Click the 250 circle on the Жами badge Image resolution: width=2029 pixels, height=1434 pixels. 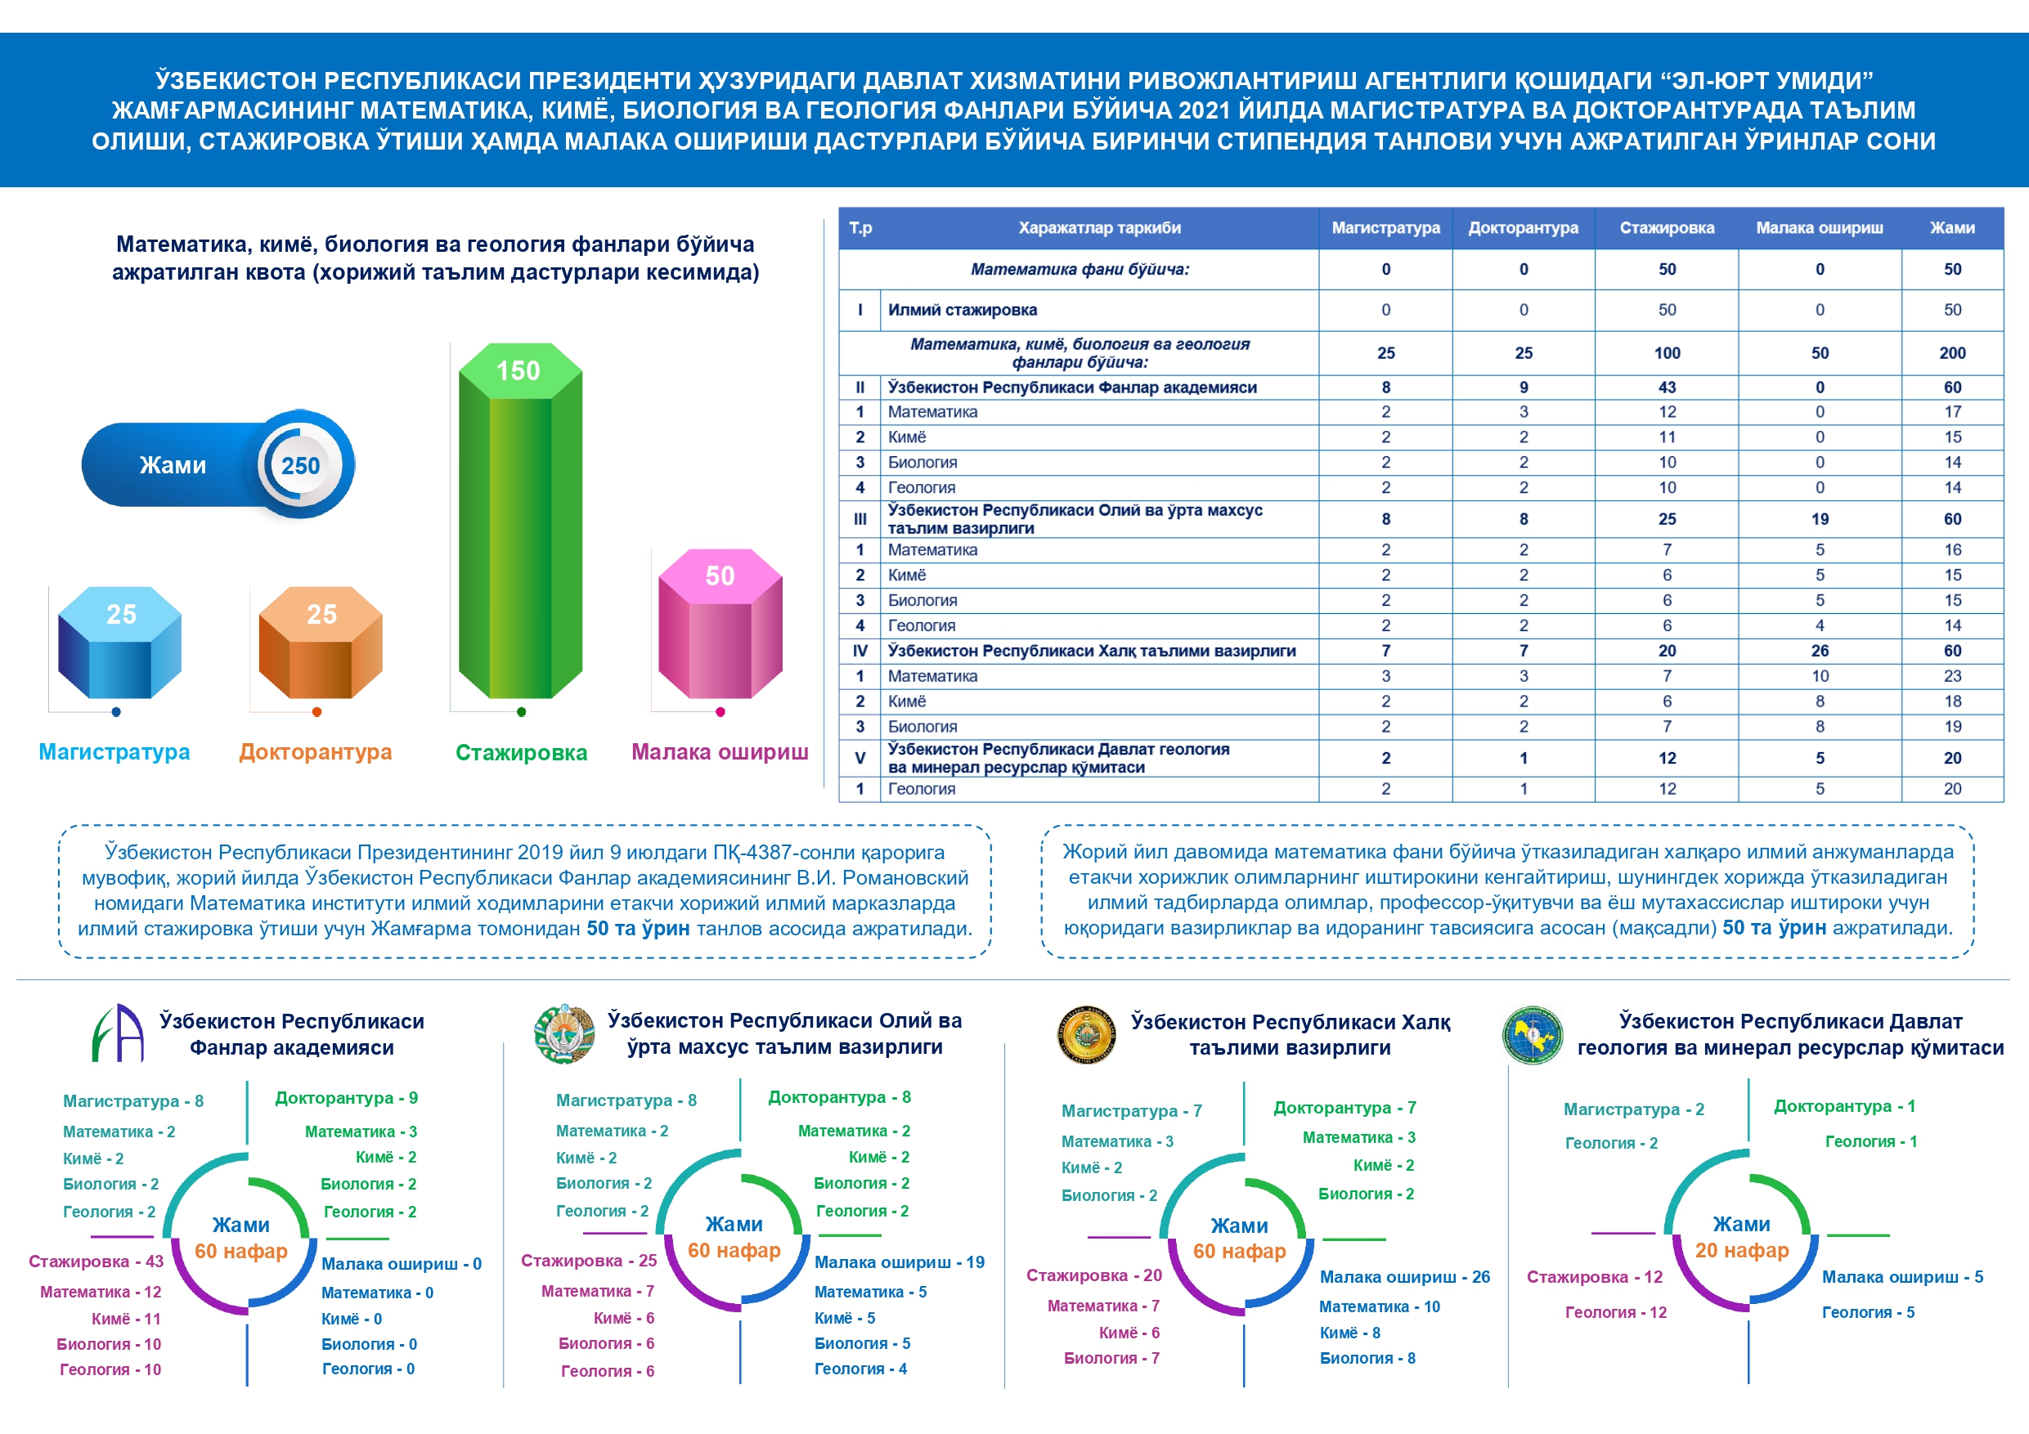point(300,466)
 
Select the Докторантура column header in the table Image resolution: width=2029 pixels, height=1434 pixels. point(1523,228)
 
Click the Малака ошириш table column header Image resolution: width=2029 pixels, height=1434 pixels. point(1819,228)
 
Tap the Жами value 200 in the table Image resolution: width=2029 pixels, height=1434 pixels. point(1952,353)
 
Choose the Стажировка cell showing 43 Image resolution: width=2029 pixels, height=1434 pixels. point(1667,388)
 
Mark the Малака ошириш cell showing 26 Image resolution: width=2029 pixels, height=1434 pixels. point(1820,651)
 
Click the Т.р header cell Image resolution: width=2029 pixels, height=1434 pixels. point(860,228)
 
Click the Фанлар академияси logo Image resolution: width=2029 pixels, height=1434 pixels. point(119,1033)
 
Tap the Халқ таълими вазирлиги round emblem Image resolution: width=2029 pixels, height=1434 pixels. point(1086,1033)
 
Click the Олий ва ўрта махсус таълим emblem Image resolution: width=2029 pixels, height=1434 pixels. point(564,1033)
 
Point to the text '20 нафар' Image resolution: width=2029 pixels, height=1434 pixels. point(1741,1250)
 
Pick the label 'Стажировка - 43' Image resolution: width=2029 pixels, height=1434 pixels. point(97,1261)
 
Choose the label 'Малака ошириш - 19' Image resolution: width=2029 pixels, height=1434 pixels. point(899,1262)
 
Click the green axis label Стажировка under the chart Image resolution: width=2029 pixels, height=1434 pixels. point(520,753)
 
